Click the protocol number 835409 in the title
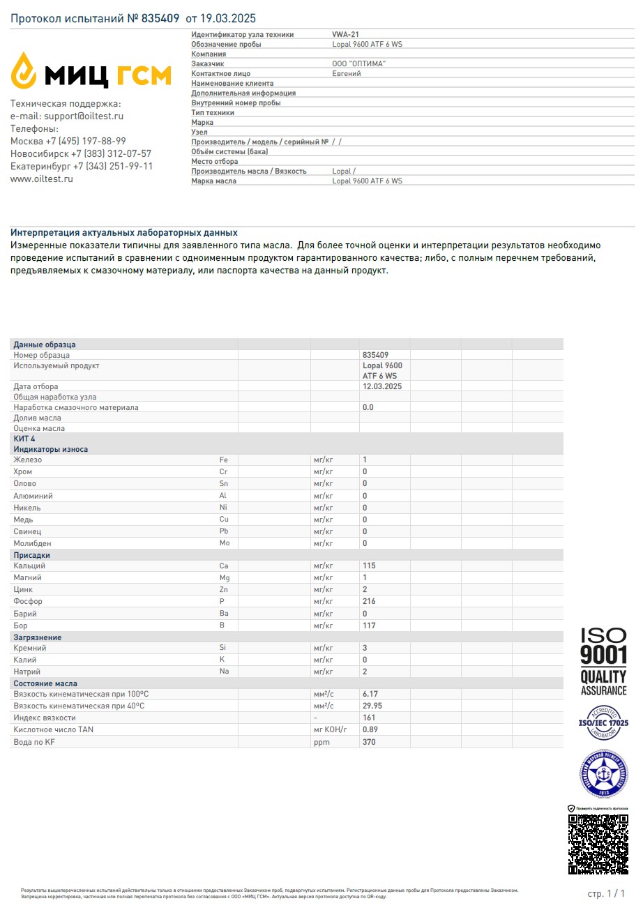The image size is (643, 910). [160, 19]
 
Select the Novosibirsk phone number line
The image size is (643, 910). [81, 154]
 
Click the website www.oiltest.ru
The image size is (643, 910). [42, 179]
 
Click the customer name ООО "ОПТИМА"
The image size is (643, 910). [359, 63]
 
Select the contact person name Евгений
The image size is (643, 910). [347, 73]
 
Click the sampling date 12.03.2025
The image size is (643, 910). [382, 386]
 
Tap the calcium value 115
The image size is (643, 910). [369, 566]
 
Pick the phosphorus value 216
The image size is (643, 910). [369, 601]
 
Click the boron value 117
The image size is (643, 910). [369, 625]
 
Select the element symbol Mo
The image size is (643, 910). [224, 543]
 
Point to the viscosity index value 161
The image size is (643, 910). [369, 718]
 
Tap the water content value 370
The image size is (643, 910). [369, 742]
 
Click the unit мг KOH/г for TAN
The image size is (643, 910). [330, 729]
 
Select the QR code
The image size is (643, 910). [598, 844]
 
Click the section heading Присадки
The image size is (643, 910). [32, 555]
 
